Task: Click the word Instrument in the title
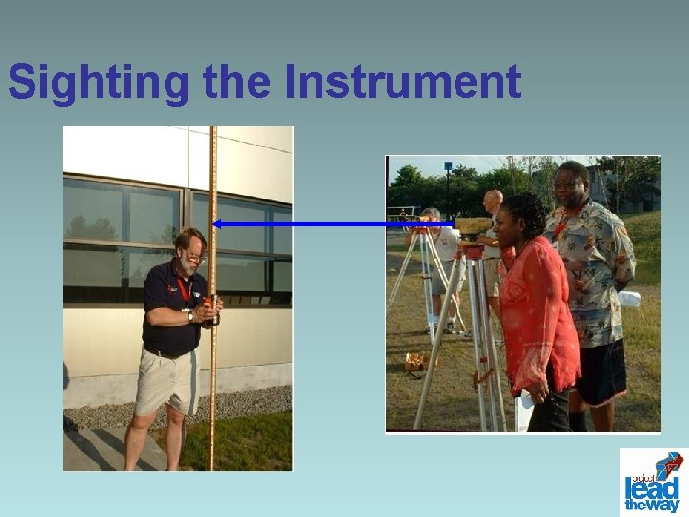[x=402, y=82]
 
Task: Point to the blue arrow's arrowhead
[x=216, y=224]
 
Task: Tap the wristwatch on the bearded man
[x=191, y=315]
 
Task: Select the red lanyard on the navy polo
[x=183, y=287]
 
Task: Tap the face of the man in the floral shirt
[x=571, y=186]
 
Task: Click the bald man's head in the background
[x=493, y=199]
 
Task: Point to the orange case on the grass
[x=416, y=362]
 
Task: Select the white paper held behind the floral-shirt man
[x=629, y=299]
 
